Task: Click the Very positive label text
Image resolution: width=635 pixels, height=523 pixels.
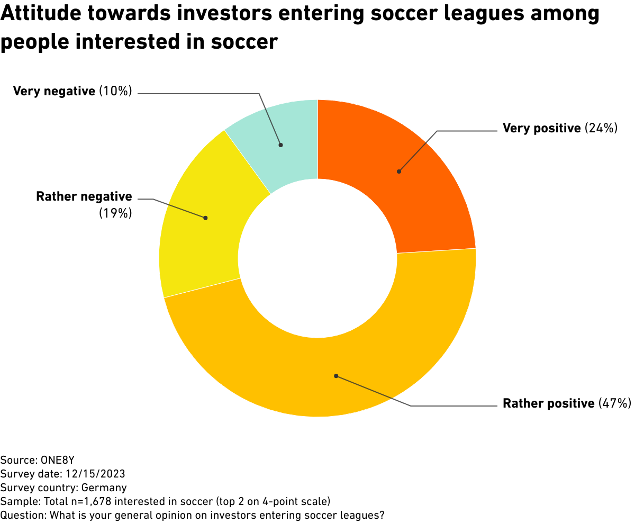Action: click(x=541, y=128)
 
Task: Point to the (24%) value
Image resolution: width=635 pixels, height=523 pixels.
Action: click(x=601, y=128)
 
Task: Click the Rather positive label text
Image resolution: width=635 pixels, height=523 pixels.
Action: click(x=548, y=403)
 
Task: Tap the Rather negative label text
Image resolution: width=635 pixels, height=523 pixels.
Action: click(x=84, y=197)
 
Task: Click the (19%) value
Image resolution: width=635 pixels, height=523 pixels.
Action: click(x=115, y=213)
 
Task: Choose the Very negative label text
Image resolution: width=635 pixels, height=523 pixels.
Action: click(x=53, y=91)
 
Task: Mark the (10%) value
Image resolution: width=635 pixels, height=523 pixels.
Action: click(x=115, y=91)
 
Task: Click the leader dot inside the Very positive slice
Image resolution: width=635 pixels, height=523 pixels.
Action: click(x=399, y=172)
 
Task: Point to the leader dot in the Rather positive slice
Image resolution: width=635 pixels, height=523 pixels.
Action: click(x=335, y=376)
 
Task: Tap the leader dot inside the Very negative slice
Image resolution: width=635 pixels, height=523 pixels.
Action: click(x=281, y=145)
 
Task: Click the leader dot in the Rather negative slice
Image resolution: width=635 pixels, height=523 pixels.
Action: click(x=205, y=218)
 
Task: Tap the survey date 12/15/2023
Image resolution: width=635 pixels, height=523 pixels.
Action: click(x=93, y=473)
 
